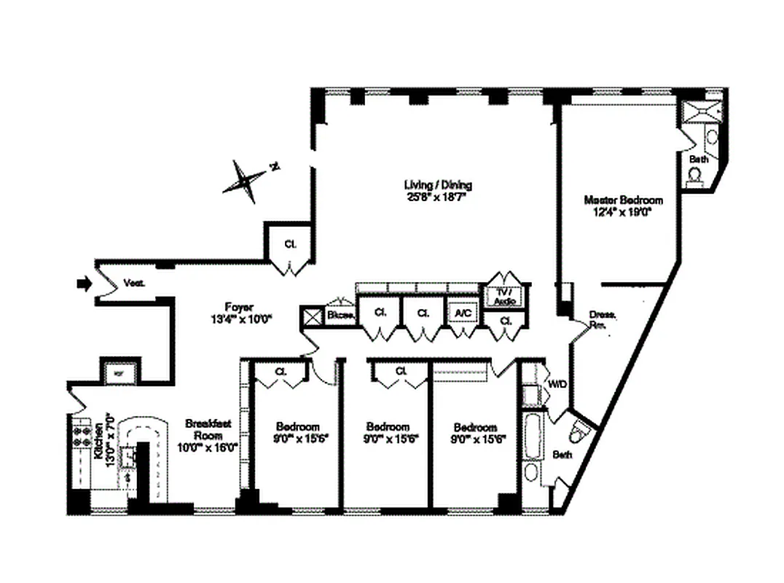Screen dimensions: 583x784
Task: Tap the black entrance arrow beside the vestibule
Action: coord(83,283)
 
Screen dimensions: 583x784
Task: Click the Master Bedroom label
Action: coord(623,199)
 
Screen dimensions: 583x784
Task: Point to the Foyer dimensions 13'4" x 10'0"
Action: coord(239,318)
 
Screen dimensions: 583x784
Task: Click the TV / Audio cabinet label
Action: coord(503,294)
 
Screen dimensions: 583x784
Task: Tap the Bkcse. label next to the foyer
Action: coord(341,315)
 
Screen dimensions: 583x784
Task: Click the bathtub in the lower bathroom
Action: coord(530,436)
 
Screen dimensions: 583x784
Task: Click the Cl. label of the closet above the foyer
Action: coord(289,244)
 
